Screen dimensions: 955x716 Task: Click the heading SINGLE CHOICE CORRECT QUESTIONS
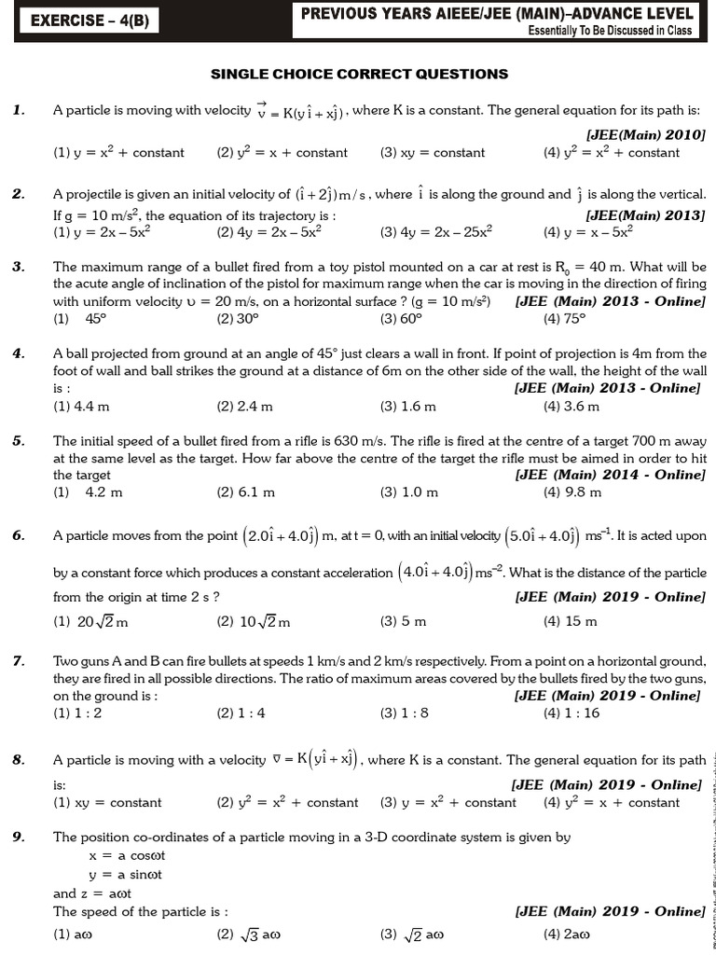click(x=359, y=74)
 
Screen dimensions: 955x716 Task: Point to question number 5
click(x=18, y=440)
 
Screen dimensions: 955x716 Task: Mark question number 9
click(x=18, y=837)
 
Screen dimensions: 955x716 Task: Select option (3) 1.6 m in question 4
click(x=407, y=406)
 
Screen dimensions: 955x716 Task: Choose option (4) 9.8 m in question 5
click(x=572, y=491)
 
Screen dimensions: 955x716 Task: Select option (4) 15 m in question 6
click(x=570, y=621)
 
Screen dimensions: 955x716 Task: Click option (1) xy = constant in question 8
click(x=107, y=802)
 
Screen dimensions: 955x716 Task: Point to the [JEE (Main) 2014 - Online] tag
click(x=610, y=475)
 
